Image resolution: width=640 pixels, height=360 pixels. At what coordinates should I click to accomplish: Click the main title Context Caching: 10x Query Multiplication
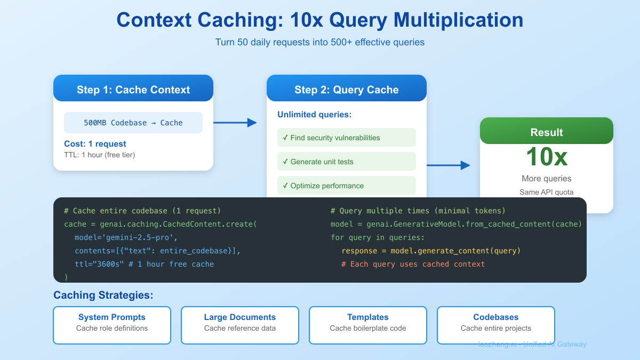click(319, 20)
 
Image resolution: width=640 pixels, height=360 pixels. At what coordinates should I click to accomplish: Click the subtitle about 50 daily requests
click(319, 42)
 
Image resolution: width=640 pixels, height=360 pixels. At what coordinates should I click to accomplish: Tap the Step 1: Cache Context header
click(133, 89)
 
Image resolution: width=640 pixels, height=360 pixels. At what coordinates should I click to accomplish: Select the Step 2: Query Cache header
click(347, 89)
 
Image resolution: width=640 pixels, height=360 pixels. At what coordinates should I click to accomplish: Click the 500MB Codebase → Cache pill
click(133, 123)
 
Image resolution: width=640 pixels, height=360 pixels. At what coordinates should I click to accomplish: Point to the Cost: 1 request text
click(95, 144)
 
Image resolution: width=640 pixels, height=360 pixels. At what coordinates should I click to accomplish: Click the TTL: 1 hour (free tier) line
click(100, 155)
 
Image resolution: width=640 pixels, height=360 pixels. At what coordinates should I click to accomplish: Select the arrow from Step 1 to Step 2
click(235, 123)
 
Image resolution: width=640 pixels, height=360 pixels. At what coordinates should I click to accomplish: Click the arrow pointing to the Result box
click(448, 165)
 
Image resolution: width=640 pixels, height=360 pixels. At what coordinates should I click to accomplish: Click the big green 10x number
click(546, 157)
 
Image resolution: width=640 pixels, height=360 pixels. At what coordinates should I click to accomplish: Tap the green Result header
click(546, 132)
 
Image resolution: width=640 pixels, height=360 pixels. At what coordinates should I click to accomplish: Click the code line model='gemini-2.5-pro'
click(126, 237)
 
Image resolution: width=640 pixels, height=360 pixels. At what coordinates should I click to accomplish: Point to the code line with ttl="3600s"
click(144, 264)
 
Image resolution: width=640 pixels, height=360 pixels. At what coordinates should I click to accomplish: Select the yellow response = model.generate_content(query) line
click(431, 251)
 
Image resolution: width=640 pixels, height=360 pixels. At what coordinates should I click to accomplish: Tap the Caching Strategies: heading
click(103, 295)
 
